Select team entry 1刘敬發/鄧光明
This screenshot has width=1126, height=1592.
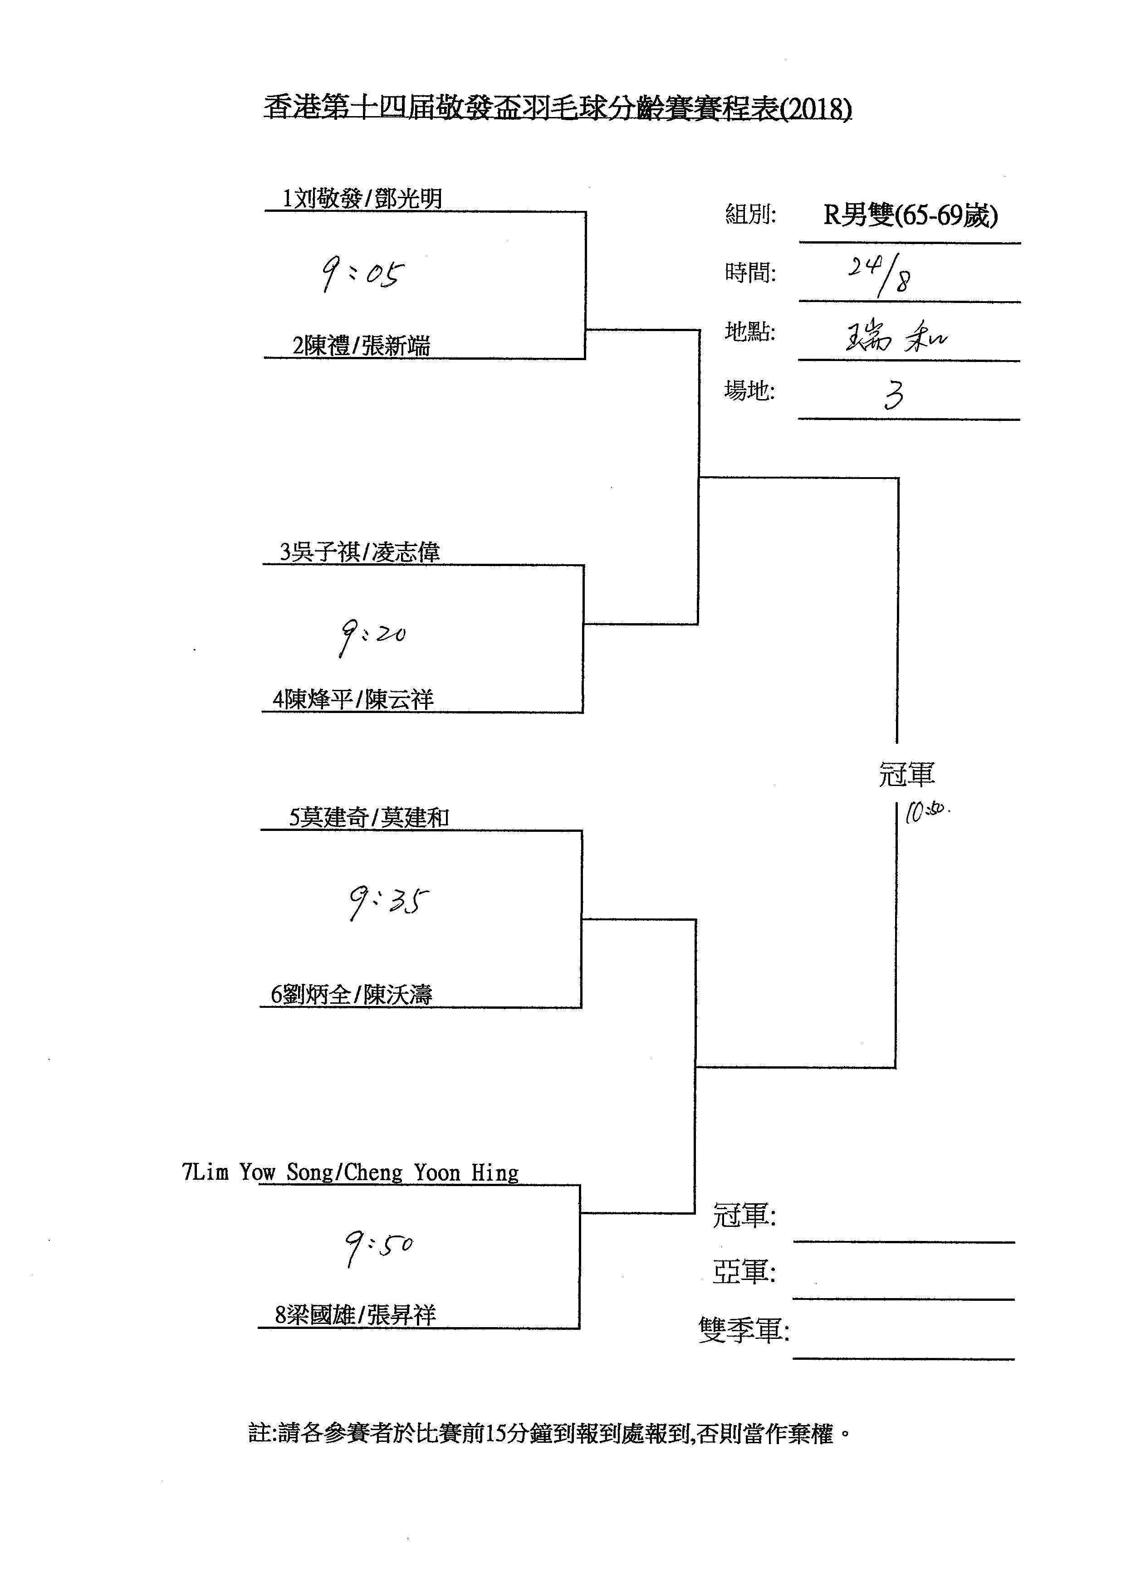click(362, 200)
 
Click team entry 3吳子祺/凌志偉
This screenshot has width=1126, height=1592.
click(360, 552)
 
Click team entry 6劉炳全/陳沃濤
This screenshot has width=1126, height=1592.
click(352, 995)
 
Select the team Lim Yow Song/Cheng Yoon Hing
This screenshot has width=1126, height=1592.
click(350, 1172)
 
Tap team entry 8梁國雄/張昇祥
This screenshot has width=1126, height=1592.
click(355, 1315)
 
